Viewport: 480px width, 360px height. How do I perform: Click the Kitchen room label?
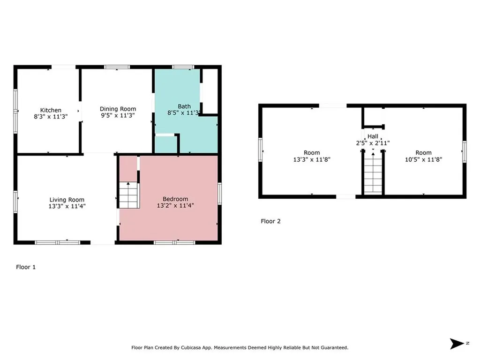coord(51,110)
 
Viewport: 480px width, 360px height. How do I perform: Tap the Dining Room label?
coord(118,109)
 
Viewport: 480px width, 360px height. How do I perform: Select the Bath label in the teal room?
coord(184,106)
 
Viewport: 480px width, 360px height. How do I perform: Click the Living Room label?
coord(67,199)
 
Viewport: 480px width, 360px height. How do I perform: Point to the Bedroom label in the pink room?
coord(175,199)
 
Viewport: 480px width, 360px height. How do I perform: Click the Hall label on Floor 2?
coord(373,136)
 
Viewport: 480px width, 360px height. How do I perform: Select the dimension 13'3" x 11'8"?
coord(312,159)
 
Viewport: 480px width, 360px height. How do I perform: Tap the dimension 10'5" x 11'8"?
coord(423,159)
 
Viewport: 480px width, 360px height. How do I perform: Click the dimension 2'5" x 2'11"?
coord(373,143)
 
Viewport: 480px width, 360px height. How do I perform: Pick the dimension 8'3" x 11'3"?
coord(51,117)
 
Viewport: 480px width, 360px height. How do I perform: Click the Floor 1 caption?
coord(26,267)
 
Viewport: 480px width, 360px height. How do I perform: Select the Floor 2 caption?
coord(270,221)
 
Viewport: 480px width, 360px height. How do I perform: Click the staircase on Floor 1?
coord(128,195)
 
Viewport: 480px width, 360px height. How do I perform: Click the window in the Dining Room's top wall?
coord(117,67)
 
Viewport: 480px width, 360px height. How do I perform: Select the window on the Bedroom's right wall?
coord(219,194)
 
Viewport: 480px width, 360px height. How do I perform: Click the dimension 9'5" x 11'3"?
coord(118,115)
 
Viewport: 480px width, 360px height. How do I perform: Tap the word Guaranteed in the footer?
coord(333,348)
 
